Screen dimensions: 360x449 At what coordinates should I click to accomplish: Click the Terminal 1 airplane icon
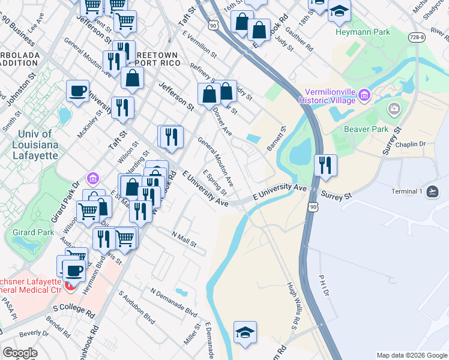tap(433, 191)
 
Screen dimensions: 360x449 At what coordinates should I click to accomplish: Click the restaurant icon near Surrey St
tap(325, 165)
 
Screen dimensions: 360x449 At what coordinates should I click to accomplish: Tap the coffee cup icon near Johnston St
tap(77, 91)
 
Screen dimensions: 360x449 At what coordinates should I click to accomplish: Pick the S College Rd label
tap(74, 310)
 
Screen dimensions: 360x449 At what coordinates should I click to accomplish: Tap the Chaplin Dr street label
tap(411, 145)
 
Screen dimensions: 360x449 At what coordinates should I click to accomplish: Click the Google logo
tap(20, 353)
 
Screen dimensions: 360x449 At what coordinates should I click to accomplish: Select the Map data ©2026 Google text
tap(411, 355)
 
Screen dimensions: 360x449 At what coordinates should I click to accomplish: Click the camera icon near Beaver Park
tap(394, 109)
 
